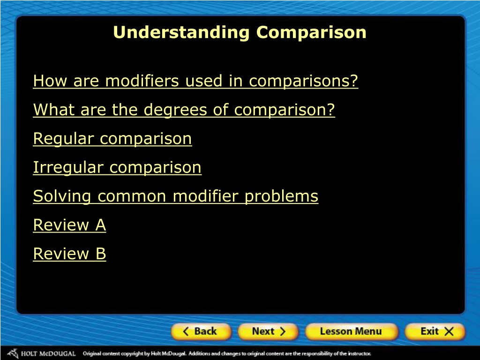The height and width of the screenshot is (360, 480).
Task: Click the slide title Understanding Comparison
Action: tap(240, 32)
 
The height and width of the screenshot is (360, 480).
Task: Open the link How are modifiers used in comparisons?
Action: tap(195, 81)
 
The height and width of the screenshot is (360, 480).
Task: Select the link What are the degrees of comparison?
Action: tap(184, 110)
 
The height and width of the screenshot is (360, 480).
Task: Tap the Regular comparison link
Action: tap(112, 139)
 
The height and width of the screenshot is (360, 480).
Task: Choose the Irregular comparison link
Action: tap(117, 167)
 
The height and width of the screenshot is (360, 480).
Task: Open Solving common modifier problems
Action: tap(176, 196)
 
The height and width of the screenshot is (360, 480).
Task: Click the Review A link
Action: tap(69, 225)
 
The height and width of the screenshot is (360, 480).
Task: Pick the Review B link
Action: tap(69, 254)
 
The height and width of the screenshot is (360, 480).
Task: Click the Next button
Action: tap(268, 331)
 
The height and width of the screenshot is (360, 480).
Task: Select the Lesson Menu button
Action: tap(352, 331)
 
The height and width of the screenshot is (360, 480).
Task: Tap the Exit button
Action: tap(435, 331)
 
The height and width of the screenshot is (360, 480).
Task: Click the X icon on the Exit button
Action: tap(449, 331)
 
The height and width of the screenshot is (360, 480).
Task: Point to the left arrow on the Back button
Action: tap(186, 331)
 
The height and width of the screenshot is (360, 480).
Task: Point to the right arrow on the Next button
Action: tap(282, 331)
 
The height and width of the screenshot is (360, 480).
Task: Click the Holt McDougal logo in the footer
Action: tap(41, 353)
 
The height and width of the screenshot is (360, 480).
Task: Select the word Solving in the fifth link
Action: tap(62, 197)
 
